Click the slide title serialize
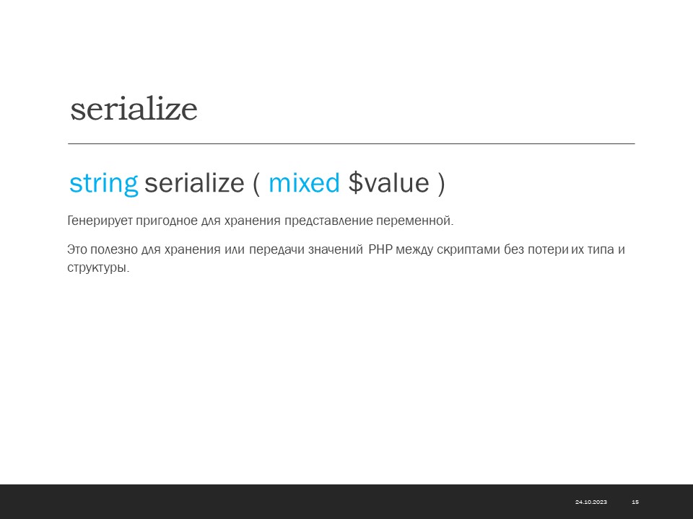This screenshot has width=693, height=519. (134, 109)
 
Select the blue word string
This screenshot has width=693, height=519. (104, 183)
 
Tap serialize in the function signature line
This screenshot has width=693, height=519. (194, 182)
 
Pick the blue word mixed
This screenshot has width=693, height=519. (305, 182)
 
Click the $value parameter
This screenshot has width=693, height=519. (389, 182)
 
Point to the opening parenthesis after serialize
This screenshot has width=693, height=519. (256, 183)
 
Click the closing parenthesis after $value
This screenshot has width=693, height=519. (441, 183)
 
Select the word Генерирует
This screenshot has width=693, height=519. (100, 221)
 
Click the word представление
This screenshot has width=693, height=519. (328, 221)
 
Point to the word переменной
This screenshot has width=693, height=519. (415, 221)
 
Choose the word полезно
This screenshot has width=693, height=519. (114, 250)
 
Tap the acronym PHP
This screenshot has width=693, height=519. (380, 250)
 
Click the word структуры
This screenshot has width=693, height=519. (98, 268)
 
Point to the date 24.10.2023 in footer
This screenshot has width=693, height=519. (591, 502)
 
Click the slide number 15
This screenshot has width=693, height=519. (635, 502)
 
